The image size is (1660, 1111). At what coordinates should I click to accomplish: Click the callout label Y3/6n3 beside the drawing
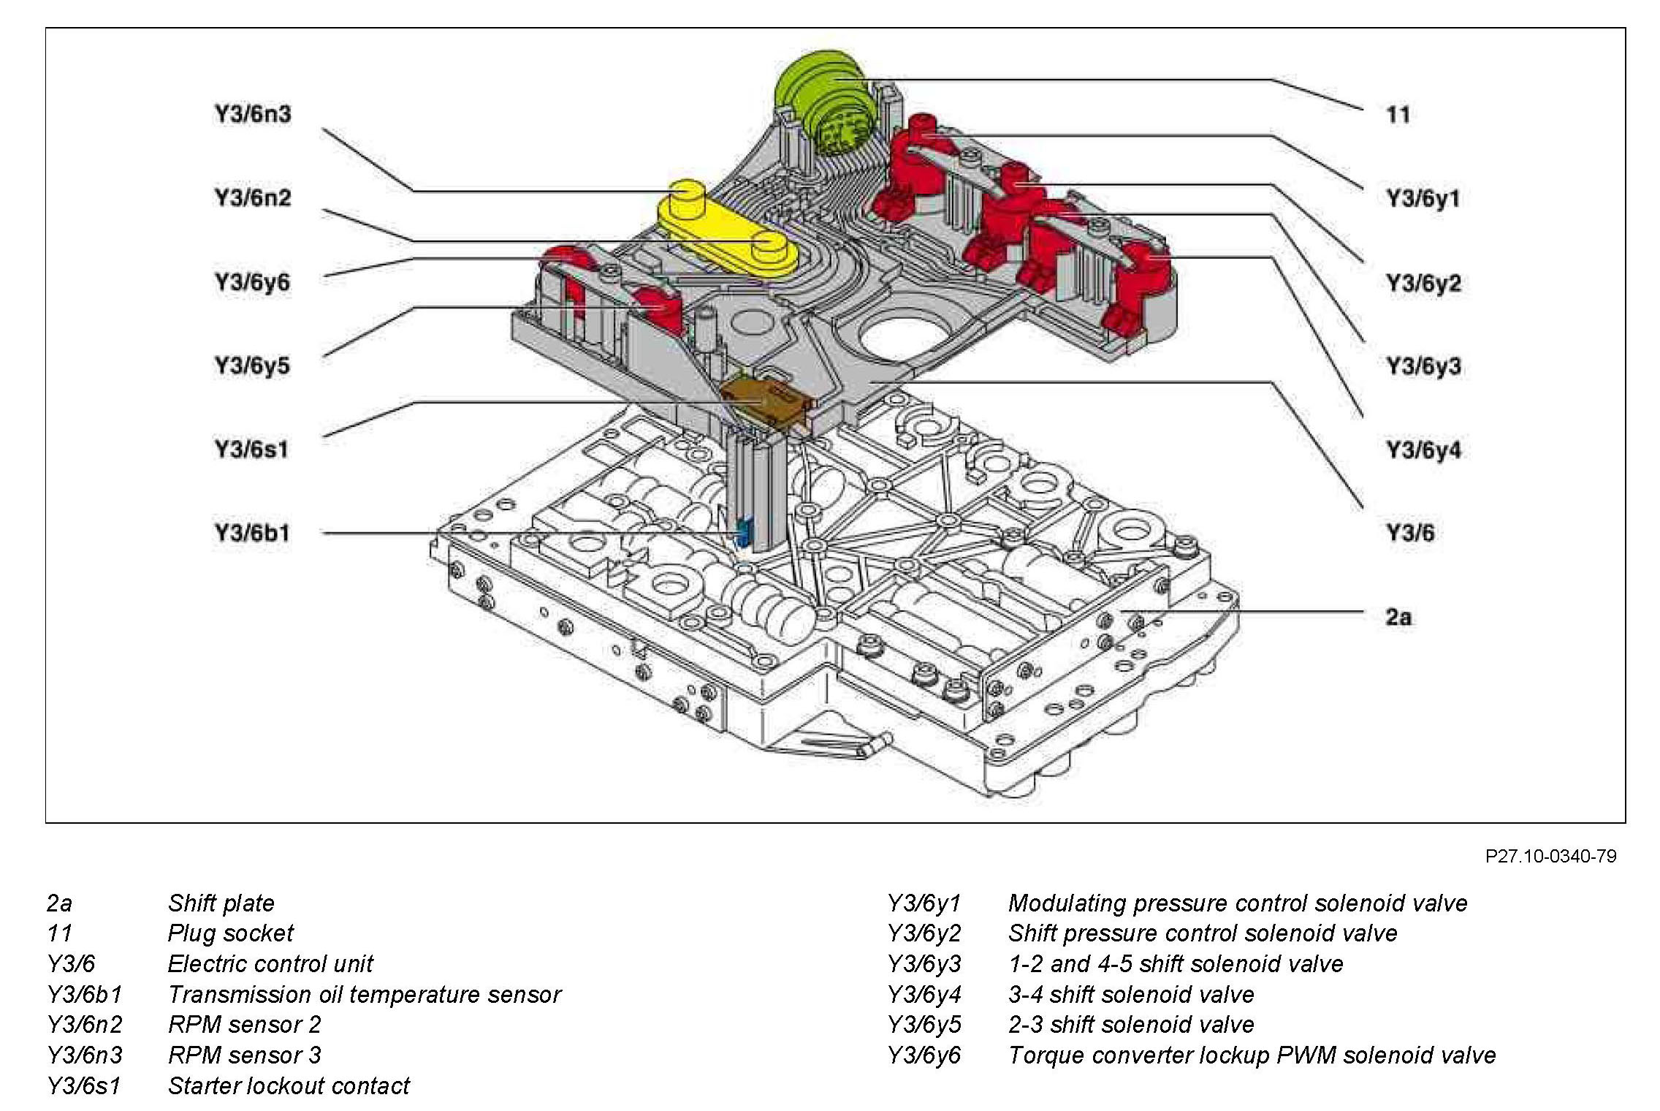click(x=253, y=114)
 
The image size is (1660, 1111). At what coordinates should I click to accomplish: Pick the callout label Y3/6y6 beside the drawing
click(x=252, y=282)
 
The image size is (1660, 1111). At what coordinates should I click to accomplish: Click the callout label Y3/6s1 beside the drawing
click(x=251, y=449)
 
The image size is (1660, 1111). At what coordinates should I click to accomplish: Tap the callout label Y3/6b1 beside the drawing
click(x=252, y=533)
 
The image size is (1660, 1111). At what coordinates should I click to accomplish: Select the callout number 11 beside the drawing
click(x=1398, y=114)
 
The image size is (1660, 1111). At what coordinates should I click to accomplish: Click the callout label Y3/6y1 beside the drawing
click(x=1423, y=198)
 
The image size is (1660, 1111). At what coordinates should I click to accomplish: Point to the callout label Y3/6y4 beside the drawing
click(x=1424, y=450)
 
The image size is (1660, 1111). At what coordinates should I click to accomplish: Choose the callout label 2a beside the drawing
click(x=1398, y=617)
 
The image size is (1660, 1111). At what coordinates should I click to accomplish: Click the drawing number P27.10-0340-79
click(x=1550, y=856)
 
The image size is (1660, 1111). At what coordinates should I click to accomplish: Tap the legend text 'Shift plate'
click(x=221, y=903)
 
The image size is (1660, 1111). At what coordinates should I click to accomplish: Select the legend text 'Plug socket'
click(x=231, y=933)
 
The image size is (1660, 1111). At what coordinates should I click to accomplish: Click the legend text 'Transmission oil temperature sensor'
click(x=365, y=995)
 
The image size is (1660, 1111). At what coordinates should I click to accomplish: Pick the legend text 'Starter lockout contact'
click(x=289, y=1086)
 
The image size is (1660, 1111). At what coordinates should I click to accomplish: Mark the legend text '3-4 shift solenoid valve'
click(x=1132, y=995)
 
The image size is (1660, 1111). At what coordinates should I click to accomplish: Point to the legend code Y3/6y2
click(x=924, y=933)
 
